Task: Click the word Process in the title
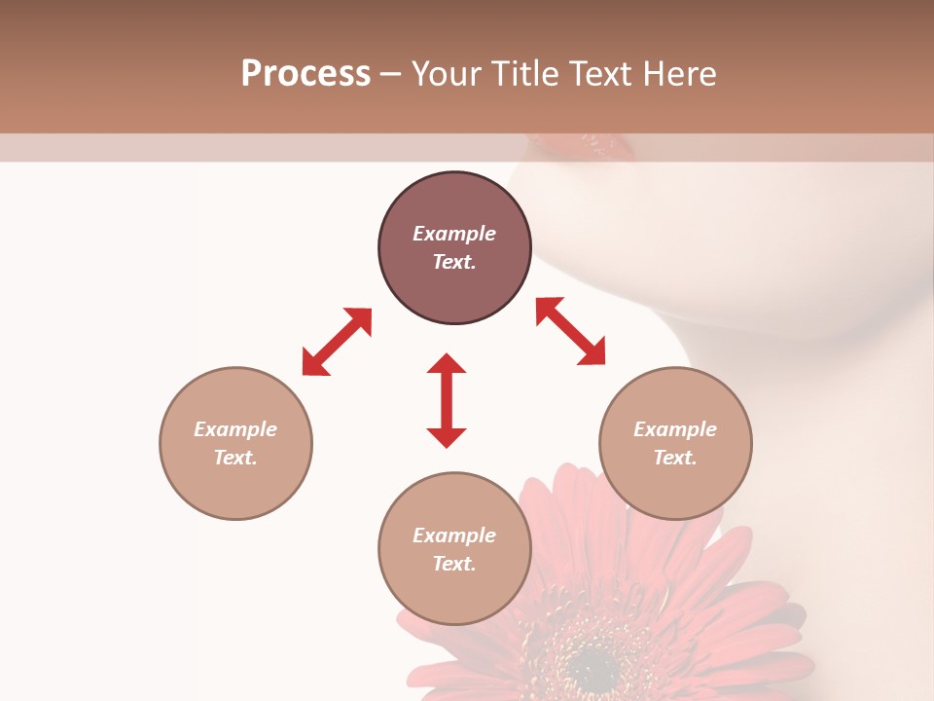pyautogui.click(x=305, y=74)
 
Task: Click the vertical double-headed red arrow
pyautogui.click(x=447, y=400)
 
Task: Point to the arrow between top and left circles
pyautogui.click(x=337, y=341)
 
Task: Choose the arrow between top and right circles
pyautogui.click(x=570, y=331)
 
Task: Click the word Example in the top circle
pyautogui.click(x=454, y=234)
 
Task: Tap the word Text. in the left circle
pyautogui.click(x=235, y=458)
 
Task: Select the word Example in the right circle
pyautogui.click(x=675, y=429)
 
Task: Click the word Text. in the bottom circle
pyautogui.click(x=454, y=564)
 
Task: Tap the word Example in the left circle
pyautogui.click(x=235, y=429)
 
